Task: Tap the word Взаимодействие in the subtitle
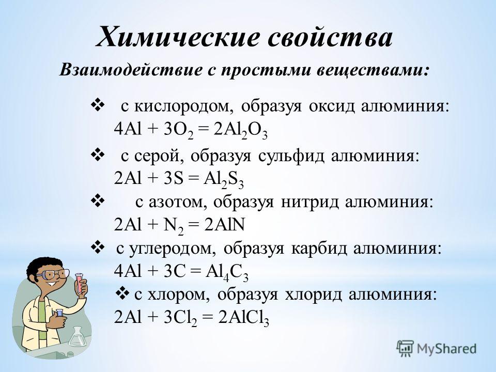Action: pos(131,70)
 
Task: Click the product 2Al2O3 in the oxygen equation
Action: pos(240,130)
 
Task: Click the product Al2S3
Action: pos(224,180)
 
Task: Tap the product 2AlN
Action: pos(224,225)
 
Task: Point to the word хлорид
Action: pos(313,296)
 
